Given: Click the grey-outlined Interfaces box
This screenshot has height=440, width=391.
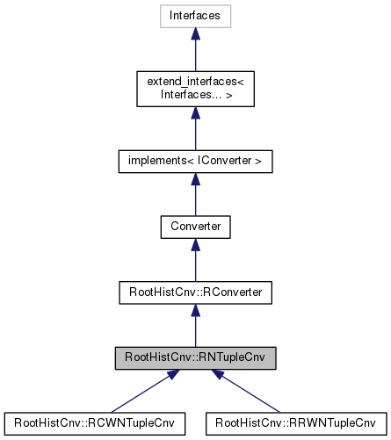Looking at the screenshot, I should click(x=195, y=16).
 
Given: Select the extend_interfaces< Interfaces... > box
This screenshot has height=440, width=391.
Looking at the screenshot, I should click(x=195, y=89).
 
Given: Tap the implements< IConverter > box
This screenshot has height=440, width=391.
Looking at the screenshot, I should click(x=195, y=162).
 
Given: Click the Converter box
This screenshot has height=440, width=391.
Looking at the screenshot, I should click(x=195, y=227).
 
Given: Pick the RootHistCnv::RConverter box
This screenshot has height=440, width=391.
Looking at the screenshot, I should click(x=195, y=292).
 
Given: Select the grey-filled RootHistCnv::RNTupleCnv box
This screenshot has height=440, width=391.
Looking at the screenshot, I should click(x=195, y=357).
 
